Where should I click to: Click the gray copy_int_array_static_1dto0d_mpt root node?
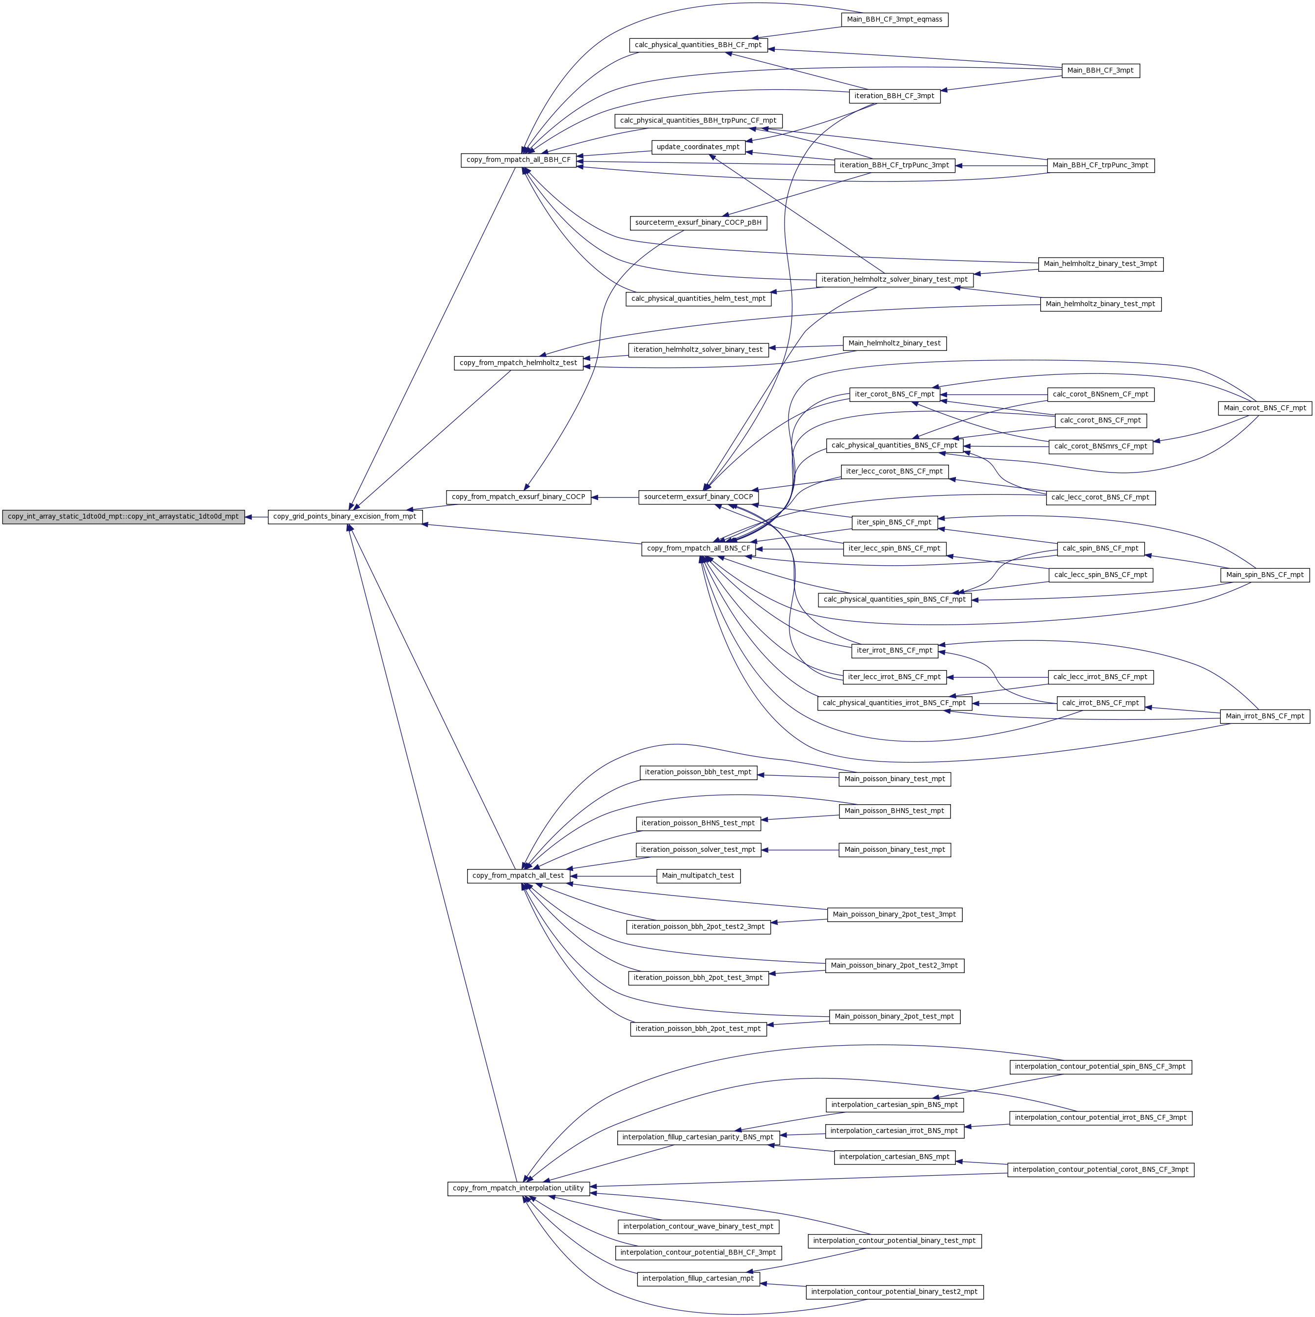pos(123,517)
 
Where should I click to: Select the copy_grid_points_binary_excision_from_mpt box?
pos(344,517)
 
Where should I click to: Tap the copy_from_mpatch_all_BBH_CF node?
pos(518,160)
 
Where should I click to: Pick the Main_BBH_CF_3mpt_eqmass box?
pos(894,20)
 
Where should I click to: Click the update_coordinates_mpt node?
pos(698,147)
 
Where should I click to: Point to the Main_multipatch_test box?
pos(698,876)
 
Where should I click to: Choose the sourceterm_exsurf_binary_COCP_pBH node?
pos(698,223)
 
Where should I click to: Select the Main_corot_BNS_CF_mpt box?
pos(1264,408)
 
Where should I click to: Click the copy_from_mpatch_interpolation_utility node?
pos(518,1188)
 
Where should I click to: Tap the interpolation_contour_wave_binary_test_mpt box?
pos(698,1226)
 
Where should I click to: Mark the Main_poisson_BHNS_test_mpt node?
pos(894,811)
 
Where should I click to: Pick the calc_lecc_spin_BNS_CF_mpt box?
pos(1100,575)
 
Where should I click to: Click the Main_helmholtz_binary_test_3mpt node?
pos(1100,264)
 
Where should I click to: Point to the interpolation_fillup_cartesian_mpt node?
pos(698,1279)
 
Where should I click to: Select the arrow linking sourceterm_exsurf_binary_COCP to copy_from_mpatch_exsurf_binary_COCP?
pos(614,498)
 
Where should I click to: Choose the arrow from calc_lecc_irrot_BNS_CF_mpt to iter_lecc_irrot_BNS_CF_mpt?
pos(998,677)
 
